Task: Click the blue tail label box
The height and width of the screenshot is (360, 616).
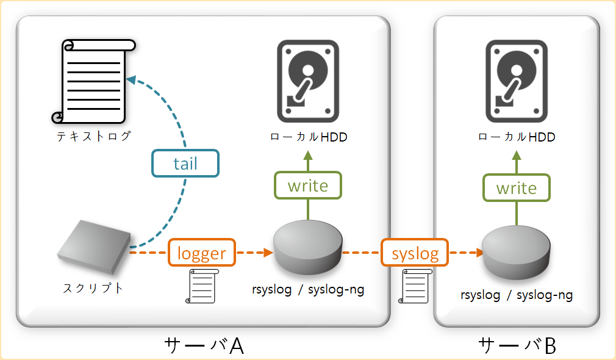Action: pos(185,164)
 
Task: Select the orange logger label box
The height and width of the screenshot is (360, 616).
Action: pos(201,253)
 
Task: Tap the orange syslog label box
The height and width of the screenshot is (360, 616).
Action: pos(415,253)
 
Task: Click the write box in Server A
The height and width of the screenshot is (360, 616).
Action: pos(308,185)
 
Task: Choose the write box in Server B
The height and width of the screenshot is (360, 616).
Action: pos(517,188)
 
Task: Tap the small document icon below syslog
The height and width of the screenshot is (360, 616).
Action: pos(414,286)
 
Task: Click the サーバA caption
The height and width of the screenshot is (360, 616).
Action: pos(204,345)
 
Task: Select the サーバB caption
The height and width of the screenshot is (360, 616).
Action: pos(517,345)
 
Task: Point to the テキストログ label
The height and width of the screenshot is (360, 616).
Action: pos(94,136)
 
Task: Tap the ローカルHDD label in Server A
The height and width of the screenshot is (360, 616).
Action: pos(309,137)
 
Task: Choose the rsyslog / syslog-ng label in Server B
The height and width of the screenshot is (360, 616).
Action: pos(517,295)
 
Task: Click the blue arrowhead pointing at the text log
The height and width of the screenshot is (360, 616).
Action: pos(131,80)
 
